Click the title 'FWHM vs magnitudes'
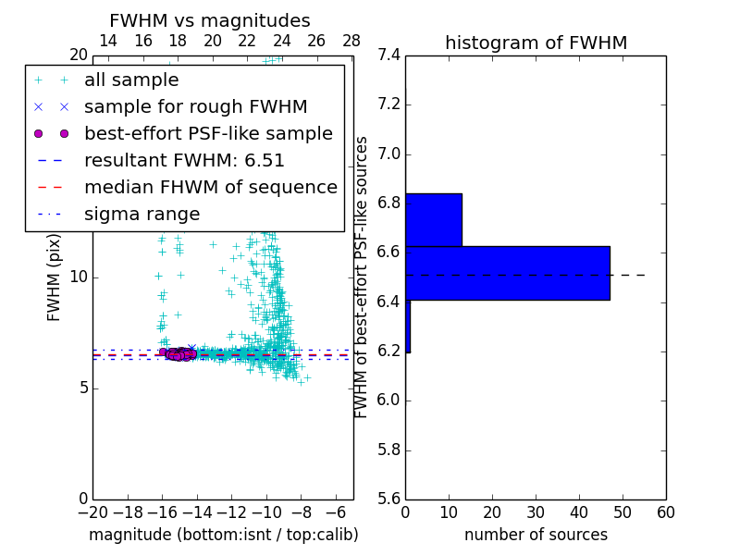click(x=210, y=20)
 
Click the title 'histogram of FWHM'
click(x=536, y=43)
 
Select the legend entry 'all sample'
click(x=131, y=80)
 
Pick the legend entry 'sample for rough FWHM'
click(x=195, y=107)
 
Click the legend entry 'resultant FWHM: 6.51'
click(x=184, y=160)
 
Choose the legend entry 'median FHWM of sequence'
click(x=210, y=187)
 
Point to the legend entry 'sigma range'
click(x=142, y=214)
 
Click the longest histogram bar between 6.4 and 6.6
click(x=507, y=273)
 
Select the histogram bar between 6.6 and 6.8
click(x=433, y=220)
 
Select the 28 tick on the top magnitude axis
click(x=351, y=41)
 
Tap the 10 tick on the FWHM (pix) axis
click(x=78, y=277)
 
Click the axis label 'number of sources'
click(x=536, y=535)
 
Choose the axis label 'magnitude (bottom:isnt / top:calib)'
click(x=223, y=535)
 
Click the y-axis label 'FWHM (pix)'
click(x=55, y=277)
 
